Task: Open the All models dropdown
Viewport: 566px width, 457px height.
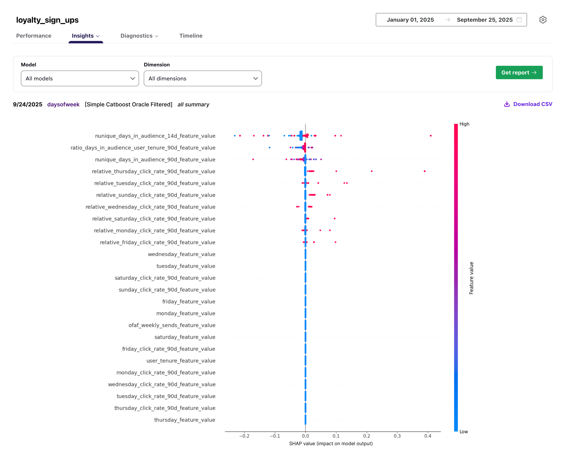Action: (80, 78)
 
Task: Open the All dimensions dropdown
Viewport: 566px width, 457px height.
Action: (203, 78)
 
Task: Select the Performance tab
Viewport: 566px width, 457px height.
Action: (34, 36)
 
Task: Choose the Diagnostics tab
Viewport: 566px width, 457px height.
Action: (139, 36)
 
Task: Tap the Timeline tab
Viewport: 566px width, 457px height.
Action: (191, 36)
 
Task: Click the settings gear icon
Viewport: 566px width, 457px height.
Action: (543, 20)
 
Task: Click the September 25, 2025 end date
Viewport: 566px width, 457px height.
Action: (484, 20)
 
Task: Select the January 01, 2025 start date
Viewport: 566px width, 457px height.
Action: (410, 20)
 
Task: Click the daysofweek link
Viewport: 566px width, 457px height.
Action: (63, 105)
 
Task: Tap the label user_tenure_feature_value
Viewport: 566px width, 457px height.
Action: (181, 361)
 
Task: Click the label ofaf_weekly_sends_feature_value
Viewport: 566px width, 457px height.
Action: (172, 325)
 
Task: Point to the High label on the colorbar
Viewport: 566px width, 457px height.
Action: (464, 124)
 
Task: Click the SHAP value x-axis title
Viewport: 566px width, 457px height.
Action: (331, 444)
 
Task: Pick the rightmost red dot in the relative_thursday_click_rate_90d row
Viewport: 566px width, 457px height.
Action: (424, 171)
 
